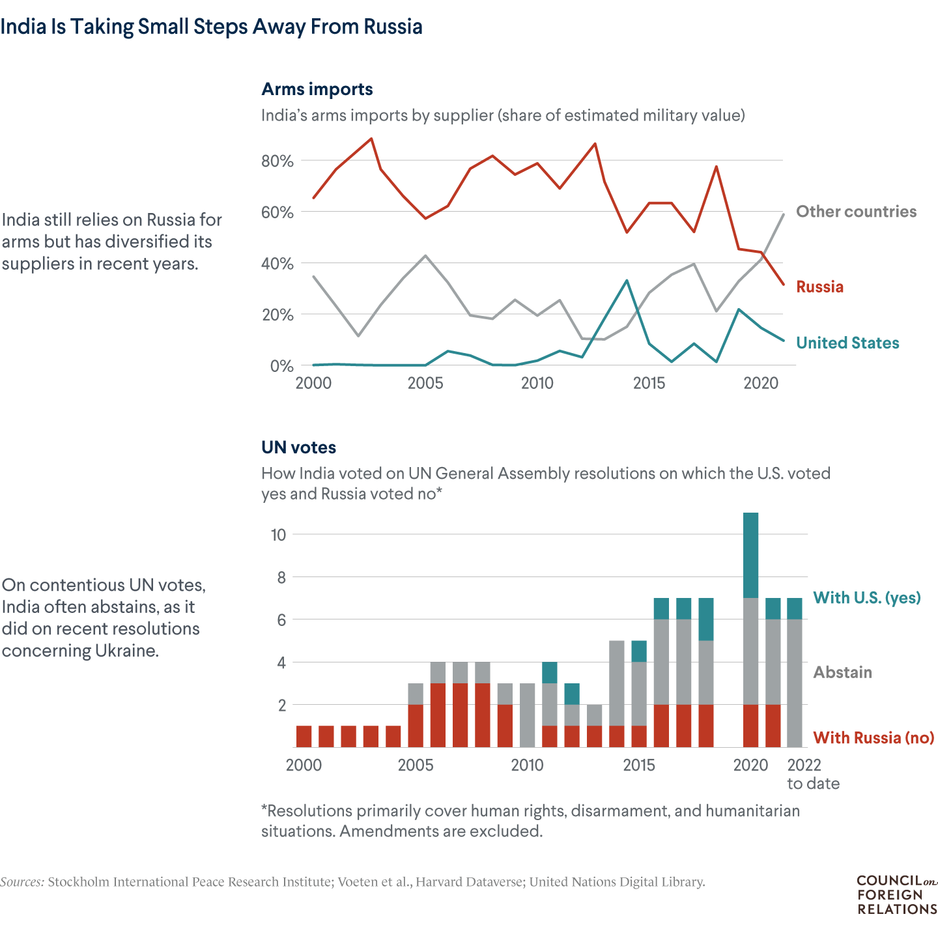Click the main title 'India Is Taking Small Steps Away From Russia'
point(211,27)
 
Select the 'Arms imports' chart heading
point(317,89)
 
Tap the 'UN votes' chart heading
point(298,448)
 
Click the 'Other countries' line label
point(856,212)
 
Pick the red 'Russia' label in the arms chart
point(819,287)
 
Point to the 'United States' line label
point(847,343)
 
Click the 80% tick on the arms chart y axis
point(277,161)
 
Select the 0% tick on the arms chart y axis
point(281,366)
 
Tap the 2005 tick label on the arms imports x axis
point(425,384)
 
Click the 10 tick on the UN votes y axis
point(278,535)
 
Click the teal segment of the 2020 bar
point(750,555)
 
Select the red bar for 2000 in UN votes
point(304,736)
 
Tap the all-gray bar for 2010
point(528,715)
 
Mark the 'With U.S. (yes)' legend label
point(866,598)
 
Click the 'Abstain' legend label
point(842,672)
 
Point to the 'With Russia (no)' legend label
point(874,738)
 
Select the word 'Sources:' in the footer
point(22,882)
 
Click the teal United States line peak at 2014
point(627,281)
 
